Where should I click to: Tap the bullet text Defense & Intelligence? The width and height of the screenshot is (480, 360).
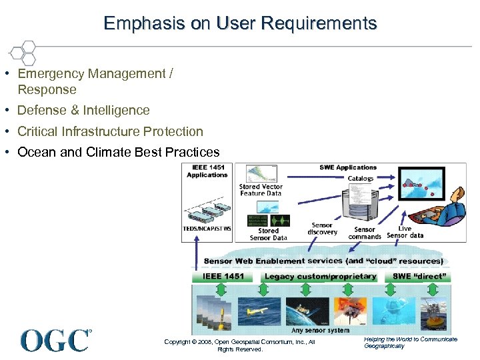pyautogui.click(x=83, y=110)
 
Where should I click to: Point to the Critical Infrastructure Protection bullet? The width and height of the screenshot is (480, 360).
pyautogui.click(x=110, y=131)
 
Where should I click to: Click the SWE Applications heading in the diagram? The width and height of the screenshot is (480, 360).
pyautogui.click(x=347, y=167)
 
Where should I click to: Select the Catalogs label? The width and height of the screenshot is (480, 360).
pyautogui.click(x=360, y=179)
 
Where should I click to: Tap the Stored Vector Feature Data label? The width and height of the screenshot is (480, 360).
pyautogui.click(x=261, y=190)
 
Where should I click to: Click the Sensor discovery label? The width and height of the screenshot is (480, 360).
pyautogui.click(x=323, y=229)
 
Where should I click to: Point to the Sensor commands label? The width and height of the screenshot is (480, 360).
pyautogui.click(x=365, y=233)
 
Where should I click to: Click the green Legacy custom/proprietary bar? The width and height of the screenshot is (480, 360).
pyautogui.click(x=320, y=276)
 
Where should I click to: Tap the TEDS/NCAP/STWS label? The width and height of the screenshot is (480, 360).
pyautogui.click(x=207, y=229)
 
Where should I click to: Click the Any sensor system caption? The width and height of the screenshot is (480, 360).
pyautogui.click(x=320, y=331)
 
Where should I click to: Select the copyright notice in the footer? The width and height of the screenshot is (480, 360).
pyautogui.click(x=239, y=345)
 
